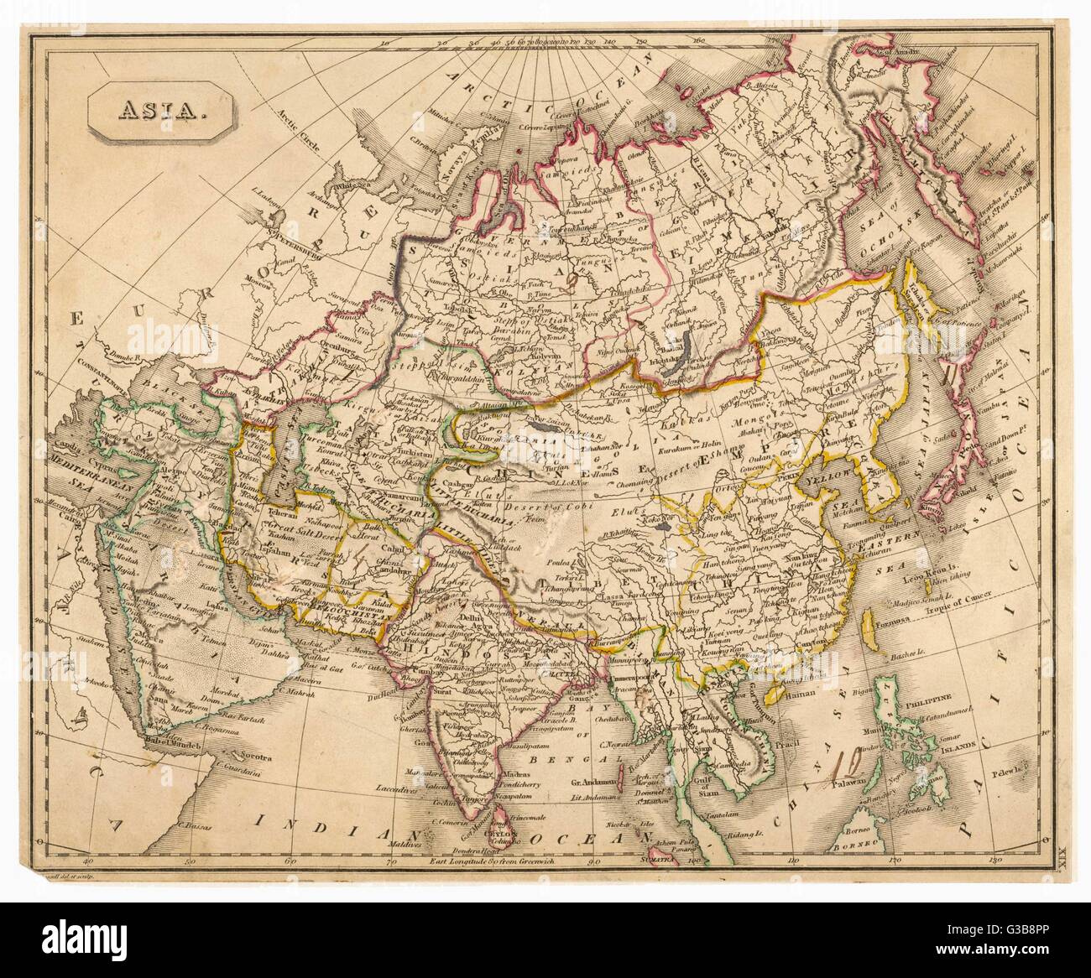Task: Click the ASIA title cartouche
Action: (160, 110)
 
